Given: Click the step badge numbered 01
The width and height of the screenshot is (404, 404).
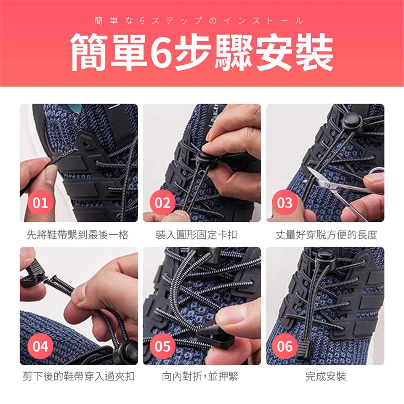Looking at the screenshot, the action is (40, 202).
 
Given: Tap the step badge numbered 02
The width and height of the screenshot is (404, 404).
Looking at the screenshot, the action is (162, 202).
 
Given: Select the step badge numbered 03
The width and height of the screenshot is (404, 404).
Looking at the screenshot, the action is (285, 202).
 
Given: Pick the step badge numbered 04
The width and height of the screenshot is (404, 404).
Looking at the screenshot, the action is (40, 346).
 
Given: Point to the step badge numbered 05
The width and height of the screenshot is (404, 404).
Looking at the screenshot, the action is (162, 346).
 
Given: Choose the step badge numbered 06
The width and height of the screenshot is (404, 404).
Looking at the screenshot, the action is (285, 346).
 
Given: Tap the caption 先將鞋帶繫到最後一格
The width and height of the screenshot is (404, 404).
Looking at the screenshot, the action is (77, 235).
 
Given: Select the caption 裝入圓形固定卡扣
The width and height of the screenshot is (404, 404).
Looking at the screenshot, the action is (197, 235).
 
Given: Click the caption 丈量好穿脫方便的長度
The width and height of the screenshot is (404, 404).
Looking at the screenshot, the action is (326, 235).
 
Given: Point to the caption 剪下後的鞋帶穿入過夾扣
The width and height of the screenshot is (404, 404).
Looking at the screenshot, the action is (79, 376).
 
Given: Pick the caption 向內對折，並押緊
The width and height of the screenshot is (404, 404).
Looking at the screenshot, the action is (200, 376).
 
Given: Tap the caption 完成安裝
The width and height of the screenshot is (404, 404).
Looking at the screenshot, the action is (326, 376).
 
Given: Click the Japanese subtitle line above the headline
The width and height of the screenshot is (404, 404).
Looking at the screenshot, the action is (199, 21).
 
